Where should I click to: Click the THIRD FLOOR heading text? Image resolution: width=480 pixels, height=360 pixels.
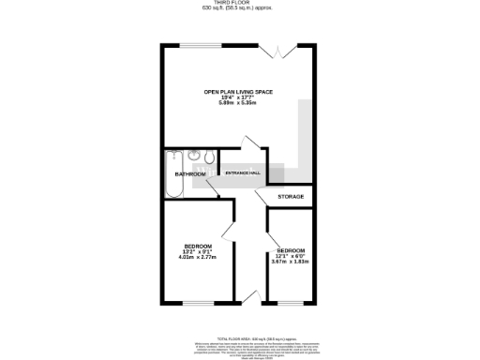tap(239, 4)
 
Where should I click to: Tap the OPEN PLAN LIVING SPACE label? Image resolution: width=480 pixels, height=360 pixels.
tap(239, 91)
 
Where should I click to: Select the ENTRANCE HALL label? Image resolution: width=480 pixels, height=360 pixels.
tap(243, 172)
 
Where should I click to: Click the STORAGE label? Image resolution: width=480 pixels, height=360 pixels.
tap(291, 196)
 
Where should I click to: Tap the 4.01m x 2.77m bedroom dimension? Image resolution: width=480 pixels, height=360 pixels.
tap(198, 256)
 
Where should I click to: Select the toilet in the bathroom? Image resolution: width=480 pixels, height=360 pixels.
tap(209, 157)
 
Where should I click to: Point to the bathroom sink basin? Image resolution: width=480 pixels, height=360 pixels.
tap(192, 156)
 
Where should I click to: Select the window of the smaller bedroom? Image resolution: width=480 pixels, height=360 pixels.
tap(291, 304)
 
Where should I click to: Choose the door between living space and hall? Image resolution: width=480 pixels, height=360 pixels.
tap(249, 146)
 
